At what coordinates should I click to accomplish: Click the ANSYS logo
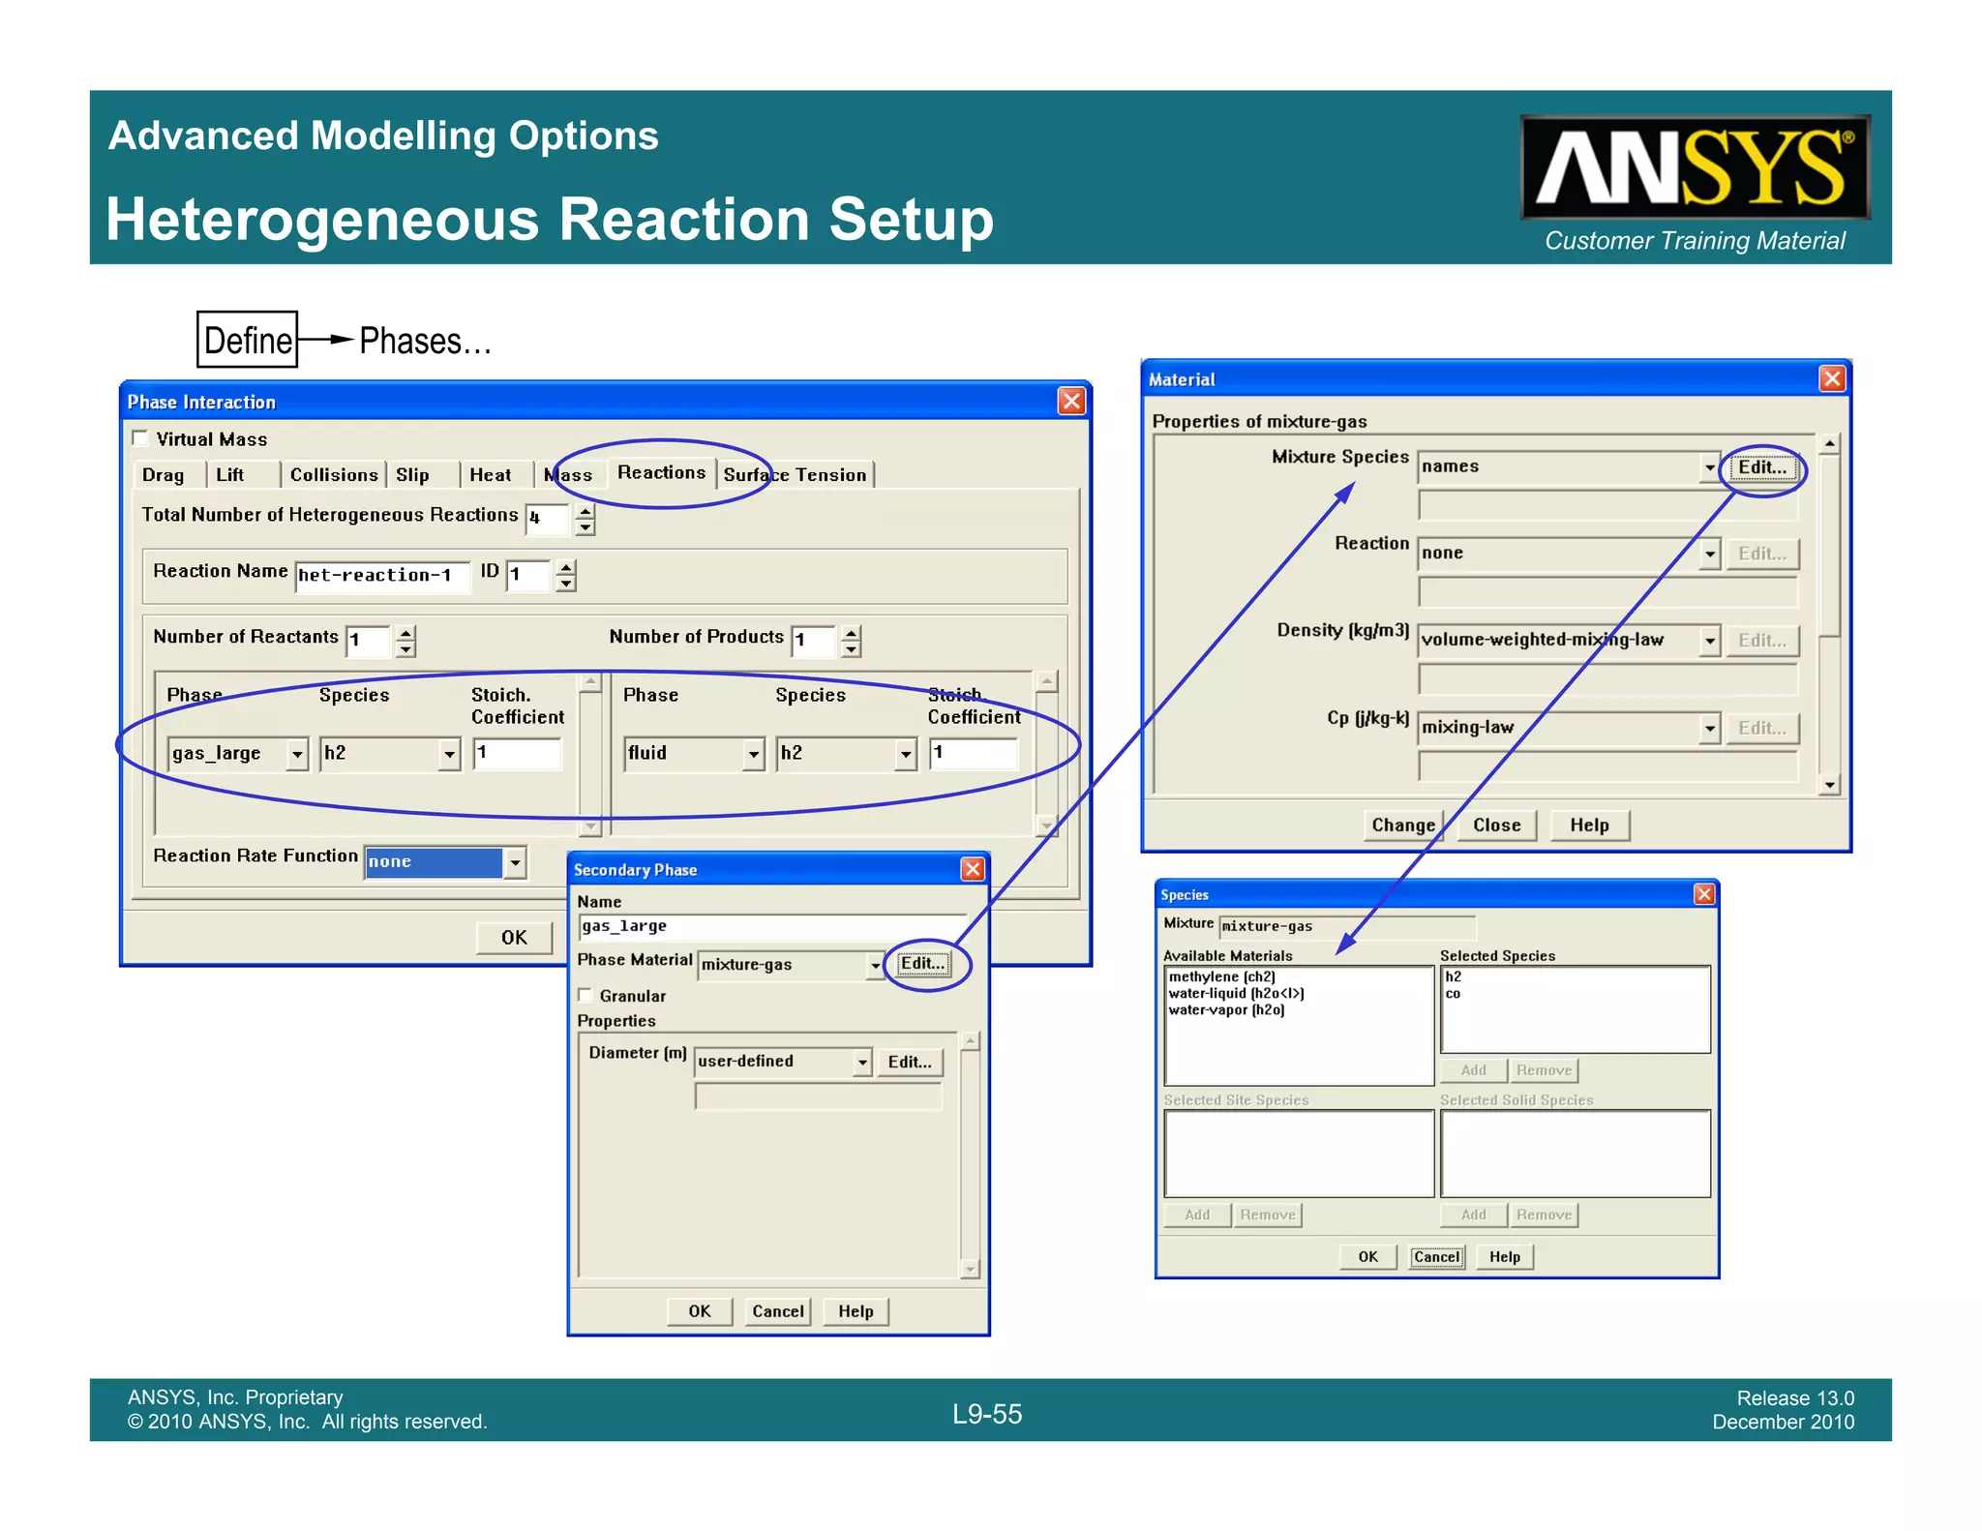[x=1694, y=167]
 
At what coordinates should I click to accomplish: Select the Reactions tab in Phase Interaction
[x=661, y=472]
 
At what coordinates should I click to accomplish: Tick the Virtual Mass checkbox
[x=141, y=438]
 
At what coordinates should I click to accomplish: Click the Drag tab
[x=163, y=475]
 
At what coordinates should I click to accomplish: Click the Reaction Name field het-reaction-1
[x=381, y=576]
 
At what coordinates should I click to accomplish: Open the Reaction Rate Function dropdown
[x=516, y=861]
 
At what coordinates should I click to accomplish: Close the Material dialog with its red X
[x=1831, y=378]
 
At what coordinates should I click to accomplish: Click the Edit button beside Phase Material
[x=922, y=964]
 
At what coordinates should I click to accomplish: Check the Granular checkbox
[x=586, y=995]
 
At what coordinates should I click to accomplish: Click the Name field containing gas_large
[x=770, y=926]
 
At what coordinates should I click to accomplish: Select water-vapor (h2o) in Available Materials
[x=1226, y=1010]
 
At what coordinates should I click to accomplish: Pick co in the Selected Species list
[x=1453, y=994]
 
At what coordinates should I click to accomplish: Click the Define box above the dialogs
[x=247, y=340]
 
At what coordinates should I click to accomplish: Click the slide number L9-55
[x=986, y=1414]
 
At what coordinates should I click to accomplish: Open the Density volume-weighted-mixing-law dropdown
[x=1709, y=641]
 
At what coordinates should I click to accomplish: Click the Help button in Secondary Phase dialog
[x=856, y=1311]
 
